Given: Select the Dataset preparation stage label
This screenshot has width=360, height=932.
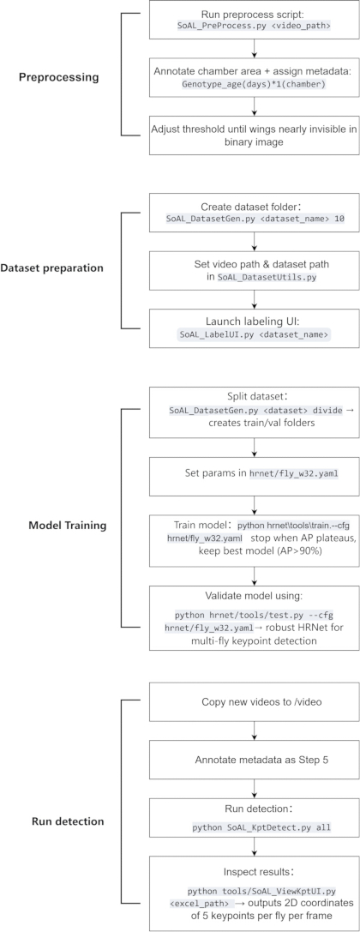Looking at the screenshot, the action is pos(59,268).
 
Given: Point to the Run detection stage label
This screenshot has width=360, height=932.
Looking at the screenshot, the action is pos(67,822).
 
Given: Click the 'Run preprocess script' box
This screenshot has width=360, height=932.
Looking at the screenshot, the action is pos(255,21).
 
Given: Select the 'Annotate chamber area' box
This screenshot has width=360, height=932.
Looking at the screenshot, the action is pos(255,77).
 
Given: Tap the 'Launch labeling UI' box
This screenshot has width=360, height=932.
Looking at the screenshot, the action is pos(255,328).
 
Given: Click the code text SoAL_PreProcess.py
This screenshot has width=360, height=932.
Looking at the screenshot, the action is pos(215,27).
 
